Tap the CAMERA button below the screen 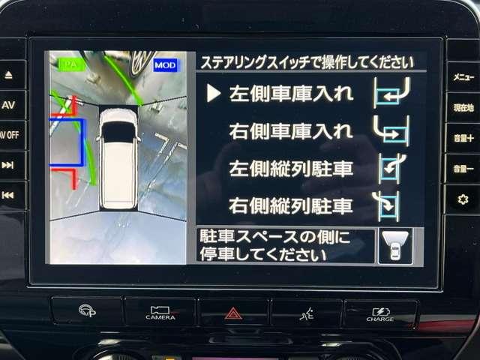click(160, 312)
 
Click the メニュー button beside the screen click(463, 76)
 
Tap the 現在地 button click(463, 107)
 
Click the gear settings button click(462, 199)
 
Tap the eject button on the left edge click(8, 75)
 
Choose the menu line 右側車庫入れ click(290, 130)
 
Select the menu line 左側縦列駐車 click(290, 167)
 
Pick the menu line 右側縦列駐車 click(290, 204)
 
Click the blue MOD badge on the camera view click(165, 65)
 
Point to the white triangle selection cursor click(214, 93)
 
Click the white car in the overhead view click(118, 157)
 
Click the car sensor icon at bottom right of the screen click(394, 246)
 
